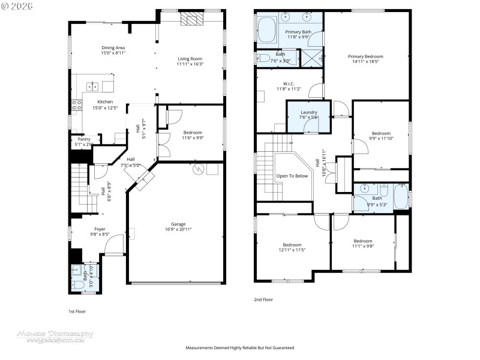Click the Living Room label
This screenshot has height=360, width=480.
click(190, 59)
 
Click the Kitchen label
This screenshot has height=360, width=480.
click(105, 102)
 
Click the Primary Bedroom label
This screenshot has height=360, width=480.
click(365, 56)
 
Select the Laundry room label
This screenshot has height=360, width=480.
click(308, 112)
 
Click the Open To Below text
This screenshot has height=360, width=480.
click(292, 176)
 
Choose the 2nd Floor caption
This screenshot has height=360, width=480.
click(263, 299)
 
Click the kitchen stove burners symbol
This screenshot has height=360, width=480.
click(77, 106)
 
